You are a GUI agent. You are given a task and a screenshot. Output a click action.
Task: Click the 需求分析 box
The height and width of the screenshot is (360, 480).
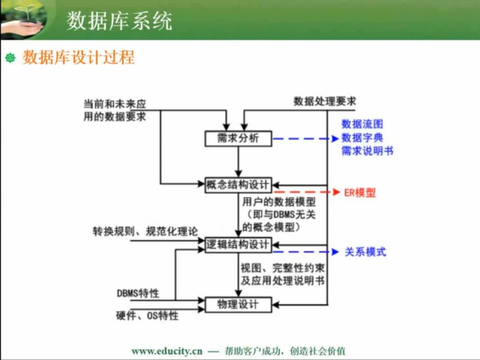[x=238, y=138]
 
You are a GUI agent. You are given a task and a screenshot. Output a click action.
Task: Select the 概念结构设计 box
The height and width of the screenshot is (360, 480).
[x=238, y=184]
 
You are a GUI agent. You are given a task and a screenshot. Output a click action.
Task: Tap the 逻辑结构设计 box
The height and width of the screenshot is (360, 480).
[x=238, y=245]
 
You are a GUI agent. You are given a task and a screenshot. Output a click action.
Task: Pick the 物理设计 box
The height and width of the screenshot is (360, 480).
[x=238, y=304]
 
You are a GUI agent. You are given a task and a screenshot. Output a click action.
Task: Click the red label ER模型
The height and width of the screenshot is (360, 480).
[x=360, y=192]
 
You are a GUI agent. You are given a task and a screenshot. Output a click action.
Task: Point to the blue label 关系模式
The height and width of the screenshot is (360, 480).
[x=365, y=252]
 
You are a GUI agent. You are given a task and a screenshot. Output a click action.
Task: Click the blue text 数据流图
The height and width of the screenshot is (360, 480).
[x=362, y=124]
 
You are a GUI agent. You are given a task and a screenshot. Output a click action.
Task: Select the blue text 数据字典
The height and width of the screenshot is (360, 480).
[x=362, y=137]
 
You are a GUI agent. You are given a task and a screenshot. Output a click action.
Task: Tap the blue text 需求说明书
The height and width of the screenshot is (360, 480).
[x=367, y=150]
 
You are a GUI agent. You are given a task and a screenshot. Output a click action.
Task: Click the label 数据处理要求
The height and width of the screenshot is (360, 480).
[x=325, y=101]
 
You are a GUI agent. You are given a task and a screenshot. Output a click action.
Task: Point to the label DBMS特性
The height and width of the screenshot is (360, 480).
[x=138, y=293]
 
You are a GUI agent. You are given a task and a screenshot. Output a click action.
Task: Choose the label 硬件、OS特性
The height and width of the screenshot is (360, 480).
[x=147, y=315]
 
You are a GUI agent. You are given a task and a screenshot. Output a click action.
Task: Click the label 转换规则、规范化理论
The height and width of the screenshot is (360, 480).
[x=145, y=231]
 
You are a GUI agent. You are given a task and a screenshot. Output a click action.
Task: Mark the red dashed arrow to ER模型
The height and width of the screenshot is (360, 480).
[x=306, y=192]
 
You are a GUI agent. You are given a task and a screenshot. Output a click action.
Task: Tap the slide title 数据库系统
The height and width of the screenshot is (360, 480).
[x=119, y=21]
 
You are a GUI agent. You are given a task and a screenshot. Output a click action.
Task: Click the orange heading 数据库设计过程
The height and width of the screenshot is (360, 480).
[x=78, y=57]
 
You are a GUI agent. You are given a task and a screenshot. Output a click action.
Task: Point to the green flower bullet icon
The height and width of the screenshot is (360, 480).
[x=10, y=57]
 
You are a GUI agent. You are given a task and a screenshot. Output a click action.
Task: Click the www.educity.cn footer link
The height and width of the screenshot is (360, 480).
[x=167, y=351]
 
